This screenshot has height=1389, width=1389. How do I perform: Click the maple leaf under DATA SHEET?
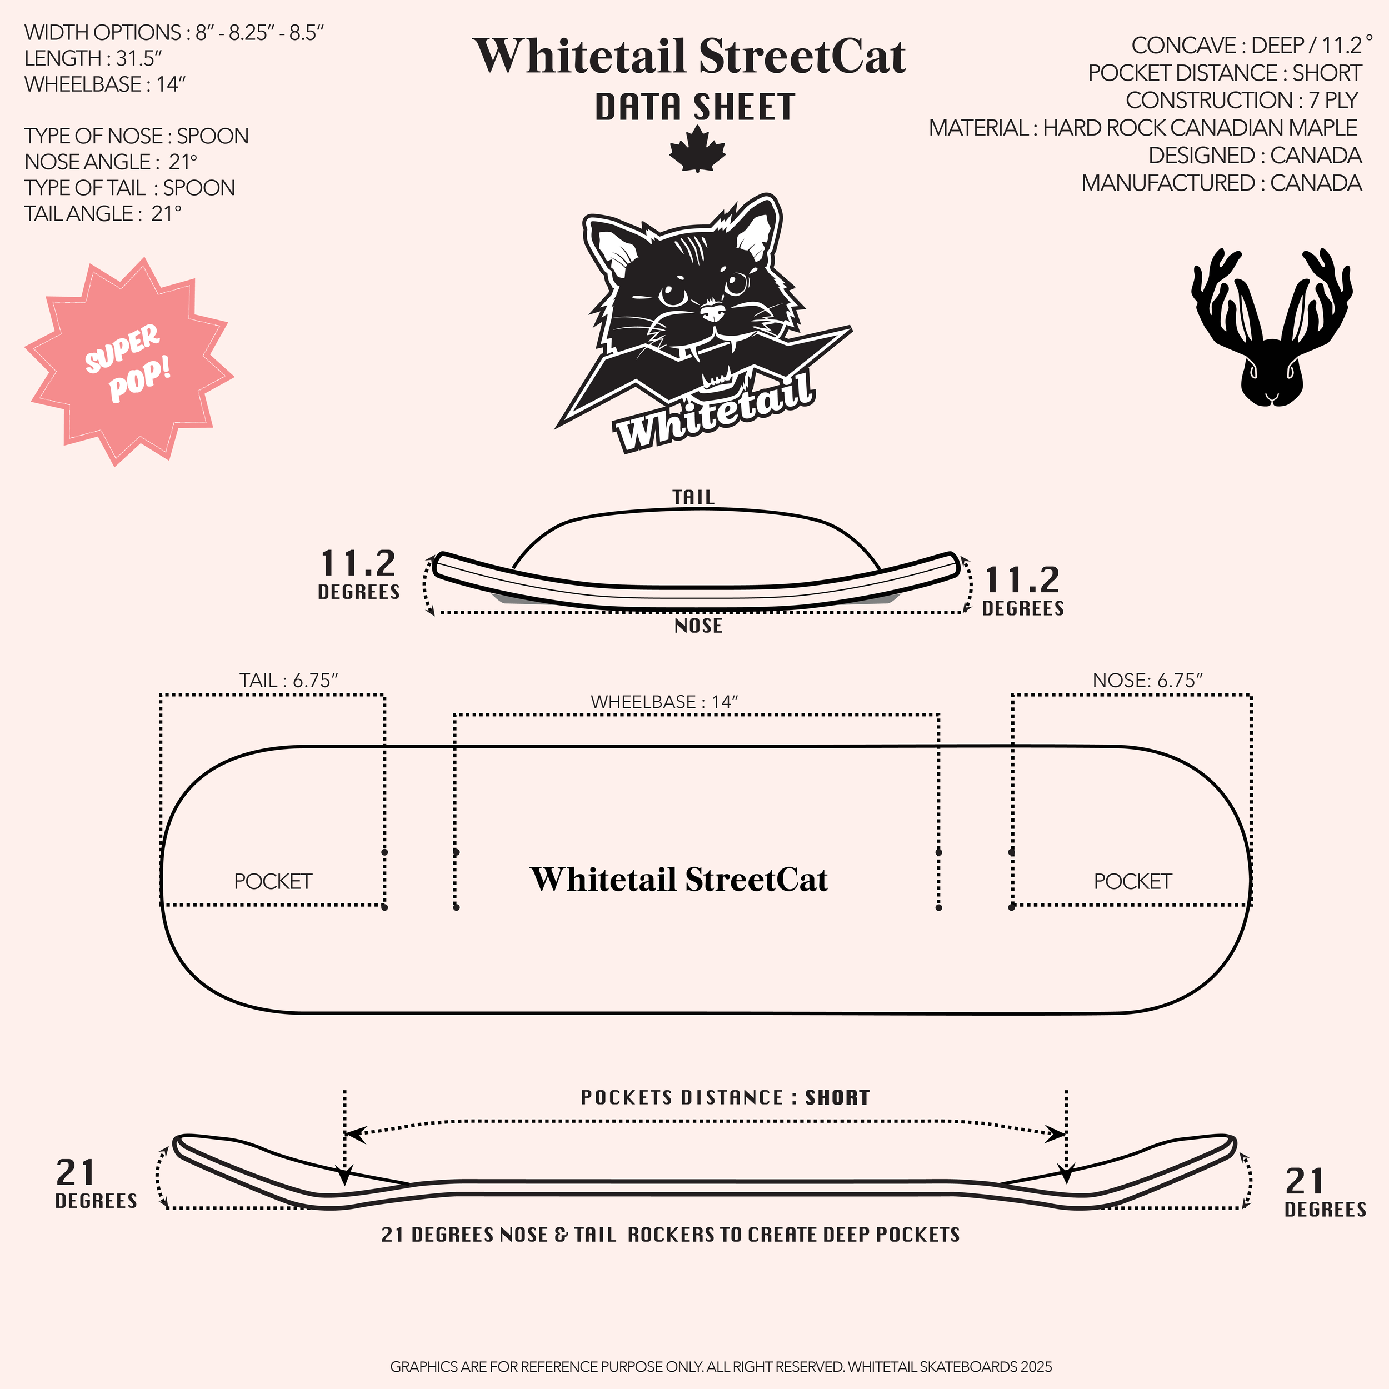pyautogui.click(x=697, y=149)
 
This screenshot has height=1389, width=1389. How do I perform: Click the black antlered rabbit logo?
pyautogui.click(x=1271, y=327)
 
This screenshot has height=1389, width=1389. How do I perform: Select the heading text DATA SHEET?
pyautogui.click(x=695, y=108)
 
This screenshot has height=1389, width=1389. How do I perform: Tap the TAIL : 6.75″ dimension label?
pyautogui.click(x=288, y=680)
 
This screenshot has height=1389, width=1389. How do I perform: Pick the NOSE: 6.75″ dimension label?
pyautogui.click(x=1147, y=680)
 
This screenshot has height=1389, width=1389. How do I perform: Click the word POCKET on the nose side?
pyautogui.click(x=1132, y=881)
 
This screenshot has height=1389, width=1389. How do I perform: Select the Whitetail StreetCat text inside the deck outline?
pyautogui.click(x=679, y=880)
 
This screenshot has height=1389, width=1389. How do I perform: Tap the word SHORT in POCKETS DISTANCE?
pyautogui.click(x=838, y=1098)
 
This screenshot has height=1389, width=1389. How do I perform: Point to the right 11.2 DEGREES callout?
pyautogui.click(x=1022, y=590)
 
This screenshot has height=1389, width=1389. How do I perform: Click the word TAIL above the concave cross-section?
pyautogui.click(x=693, y=497)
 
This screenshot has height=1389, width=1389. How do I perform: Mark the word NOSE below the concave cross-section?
pyautogui.click(x=698, y=626)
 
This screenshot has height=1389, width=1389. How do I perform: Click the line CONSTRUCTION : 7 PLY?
pyautogui.click(x=1242, y=100)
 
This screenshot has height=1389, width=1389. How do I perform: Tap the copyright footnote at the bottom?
pyautogui.click(x=721, y=1367)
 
